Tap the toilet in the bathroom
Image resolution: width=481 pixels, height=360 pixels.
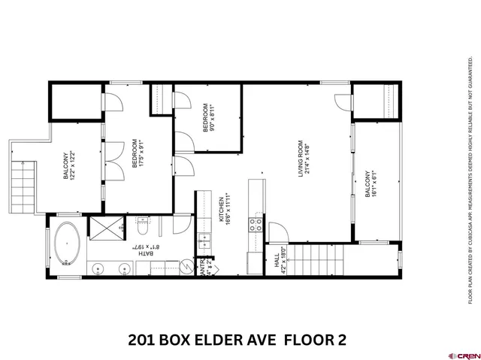tap(143, 225)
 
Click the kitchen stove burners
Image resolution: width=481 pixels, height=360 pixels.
tap(256, 222)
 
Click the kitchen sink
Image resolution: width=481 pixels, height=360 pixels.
tap(204, 241)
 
